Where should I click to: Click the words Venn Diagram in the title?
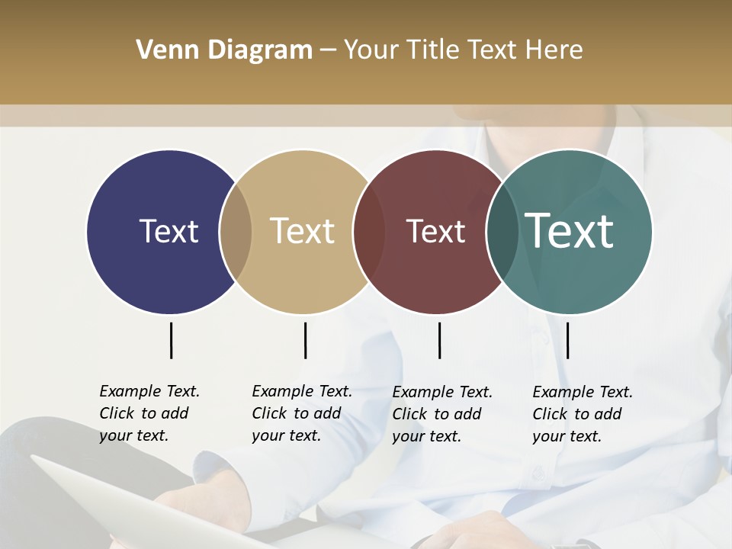[x=224, y=50]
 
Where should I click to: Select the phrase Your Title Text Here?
[x=463, y=50]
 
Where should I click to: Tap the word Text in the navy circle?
[x=169, y=231]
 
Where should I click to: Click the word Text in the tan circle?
[x=303, y=231]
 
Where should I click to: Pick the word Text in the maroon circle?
[x=435, y=231]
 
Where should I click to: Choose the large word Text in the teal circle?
[x=570, y=230]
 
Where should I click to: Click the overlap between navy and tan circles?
[x=236, y=232]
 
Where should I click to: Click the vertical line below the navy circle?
[x=171, y=340]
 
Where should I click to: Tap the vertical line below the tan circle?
[x=305, y=340]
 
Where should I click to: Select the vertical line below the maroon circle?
[x=439, y=340]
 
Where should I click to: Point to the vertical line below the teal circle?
[x=567, y=340]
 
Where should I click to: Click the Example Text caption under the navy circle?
[x=149, y=413]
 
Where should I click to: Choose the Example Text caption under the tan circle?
[x=302, y=413]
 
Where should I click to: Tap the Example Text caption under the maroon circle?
[x=442, y=414]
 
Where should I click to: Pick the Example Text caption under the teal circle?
[x=583, y=414]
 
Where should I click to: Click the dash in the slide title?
[x=328, y=50]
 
